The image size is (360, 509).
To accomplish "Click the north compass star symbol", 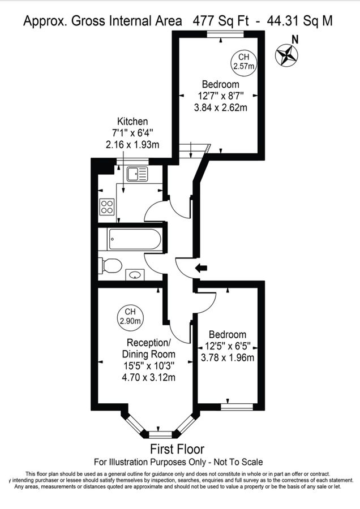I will click(286, 55).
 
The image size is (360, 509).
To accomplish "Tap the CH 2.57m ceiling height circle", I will click(243, 62).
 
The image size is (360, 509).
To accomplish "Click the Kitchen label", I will click(132, 122).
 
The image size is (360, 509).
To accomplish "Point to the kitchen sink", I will click(138, 174).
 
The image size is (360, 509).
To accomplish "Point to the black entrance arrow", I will click(200, 268).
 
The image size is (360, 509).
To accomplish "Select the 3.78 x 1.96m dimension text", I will click(228, 357).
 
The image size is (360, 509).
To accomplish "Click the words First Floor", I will click(177, 450).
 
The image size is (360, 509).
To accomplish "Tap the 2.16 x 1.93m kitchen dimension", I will click(132, 144).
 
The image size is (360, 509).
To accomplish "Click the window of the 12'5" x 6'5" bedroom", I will click(237, 406).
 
